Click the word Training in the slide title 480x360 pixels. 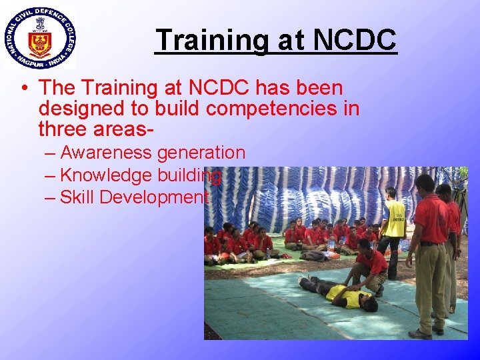[x=210, y=40]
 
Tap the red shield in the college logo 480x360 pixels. [x=39, y=43]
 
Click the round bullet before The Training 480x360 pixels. [x=23, y=88]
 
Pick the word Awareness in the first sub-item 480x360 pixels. [x=106, y=153]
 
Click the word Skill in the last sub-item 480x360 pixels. [x=77, y=197]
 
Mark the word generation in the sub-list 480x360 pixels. [x=201, y=153]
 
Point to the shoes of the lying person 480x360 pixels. [x=304, y=281]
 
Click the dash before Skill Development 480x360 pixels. [x=51, y=197]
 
